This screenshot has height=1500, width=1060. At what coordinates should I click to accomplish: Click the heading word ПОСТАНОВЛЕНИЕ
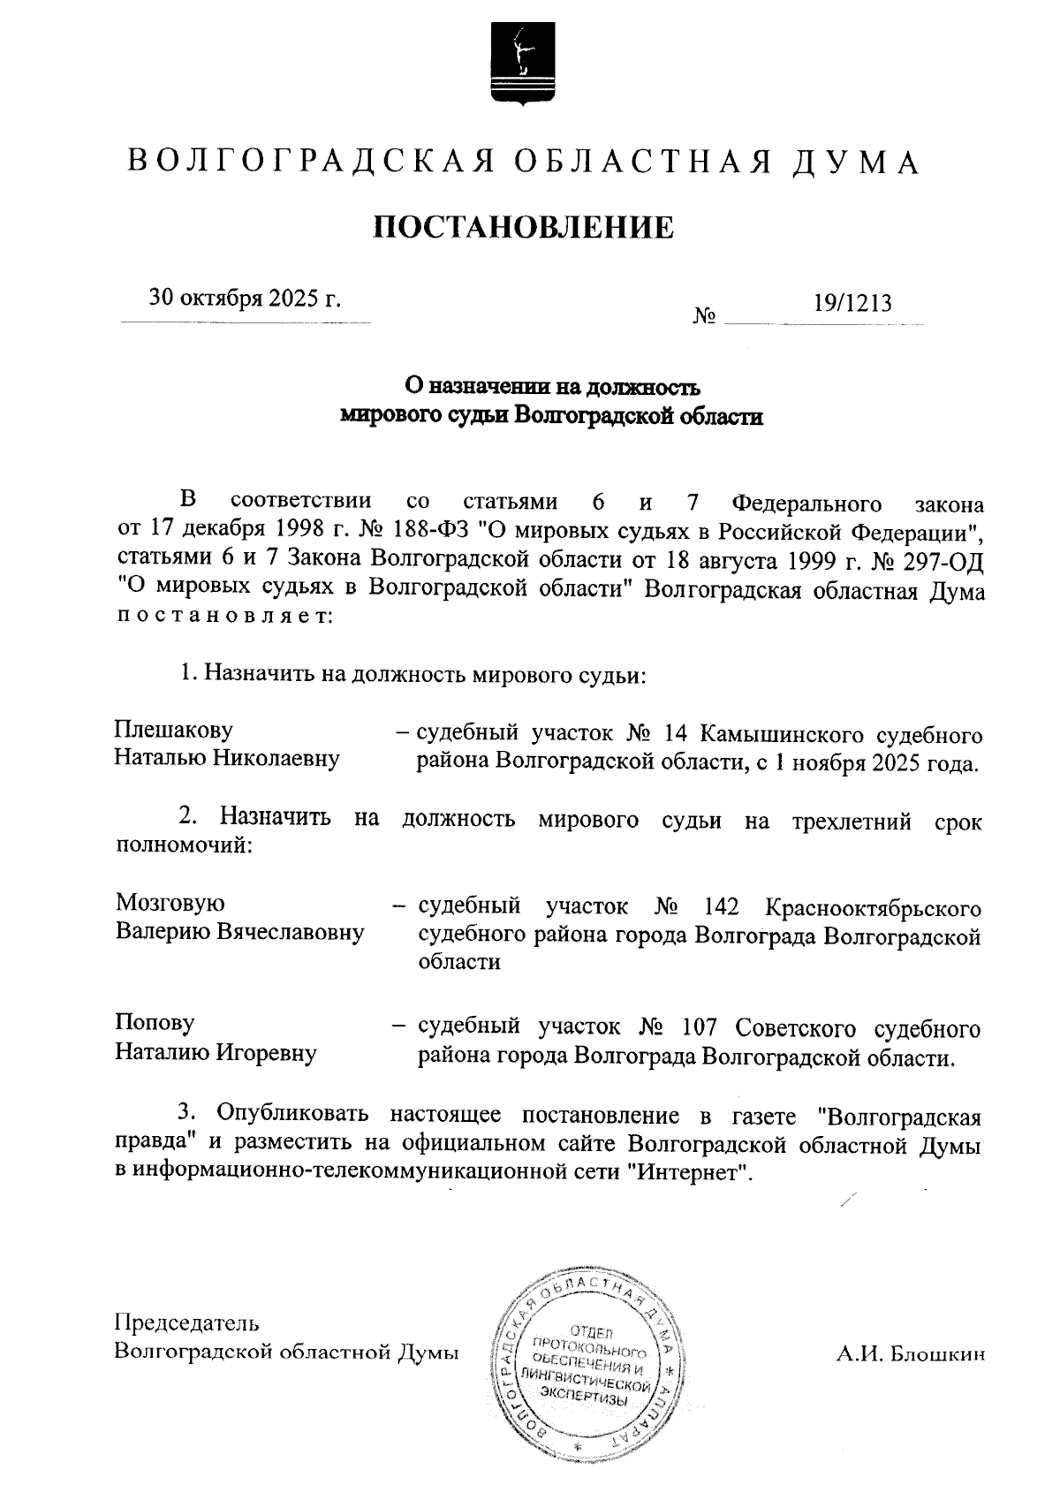pyautogui.click(x=523, y=227)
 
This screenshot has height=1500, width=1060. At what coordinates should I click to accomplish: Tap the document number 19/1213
pyautogui.click(x=852, y=303)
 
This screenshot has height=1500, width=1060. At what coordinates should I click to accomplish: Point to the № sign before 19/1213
pyautogui.click(x=704, y=315)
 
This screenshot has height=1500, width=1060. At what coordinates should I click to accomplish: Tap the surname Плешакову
pyautogui.click(x=174, y=730)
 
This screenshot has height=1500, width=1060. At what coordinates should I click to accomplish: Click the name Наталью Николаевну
pyautogui.click(x=227, y=759)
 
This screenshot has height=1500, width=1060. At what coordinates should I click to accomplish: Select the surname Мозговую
pyautogui.click(x=170, y=903)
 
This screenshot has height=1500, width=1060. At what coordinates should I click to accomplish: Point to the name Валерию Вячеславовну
pyautogui.click(x=239, y=932)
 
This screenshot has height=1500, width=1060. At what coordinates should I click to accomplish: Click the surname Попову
pyautogui.click(x=155, y=1023)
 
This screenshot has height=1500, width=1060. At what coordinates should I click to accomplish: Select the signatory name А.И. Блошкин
pyautogui.click(x=910, y=1354)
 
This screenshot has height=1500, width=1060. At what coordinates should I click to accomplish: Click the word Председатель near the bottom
pyautogui.click(x=187, y=1322)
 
